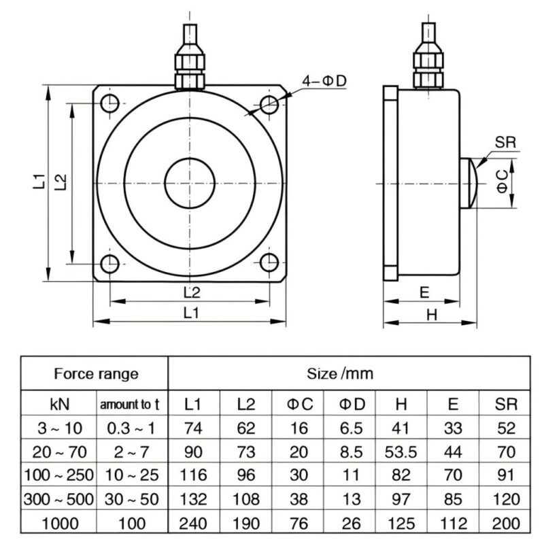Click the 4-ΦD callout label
click(324, 81)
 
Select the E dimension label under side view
click(424, 292)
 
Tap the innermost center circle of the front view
click(190, 184)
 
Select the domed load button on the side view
click(469, 184)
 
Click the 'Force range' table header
click(96, 373)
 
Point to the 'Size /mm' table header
click(349, 373)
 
